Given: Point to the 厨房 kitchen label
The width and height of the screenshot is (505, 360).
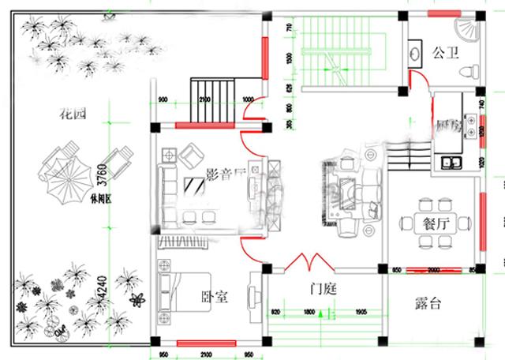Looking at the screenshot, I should (x=445, y=126).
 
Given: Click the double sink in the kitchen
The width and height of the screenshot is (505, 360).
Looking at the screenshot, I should (x=453, y=163).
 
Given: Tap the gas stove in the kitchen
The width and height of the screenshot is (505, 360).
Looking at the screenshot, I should (x=471, y=125).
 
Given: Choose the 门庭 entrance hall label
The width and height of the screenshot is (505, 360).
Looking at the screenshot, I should (x=322, y=290).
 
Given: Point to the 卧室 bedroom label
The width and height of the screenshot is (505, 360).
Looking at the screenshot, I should (x=214, y=298).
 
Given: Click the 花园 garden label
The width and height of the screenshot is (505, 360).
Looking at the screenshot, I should (x=72, y=114).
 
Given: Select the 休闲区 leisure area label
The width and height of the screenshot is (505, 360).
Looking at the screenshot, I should (x=101, y=199).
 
